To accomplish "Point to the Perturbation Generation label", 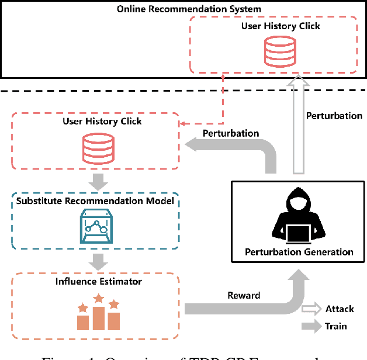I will pos(300,252).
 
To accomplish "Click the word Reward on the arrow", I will pos(244,296).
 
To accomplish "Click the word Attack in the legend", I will pos(340,309).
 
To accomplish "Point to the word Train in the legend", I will pos(336,327).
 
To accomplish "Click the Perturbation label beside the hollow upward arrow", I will pos(334,116).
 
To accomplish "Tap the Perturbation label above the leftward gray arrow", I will pos(231,133).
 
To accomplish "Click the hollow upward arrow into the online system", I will pos(299,129).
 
